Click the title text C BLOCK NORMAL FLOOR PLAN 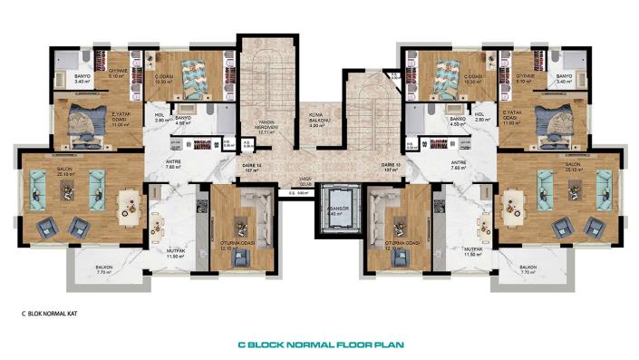pos(320,345)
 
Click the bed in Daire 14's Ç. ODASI pos(192,76)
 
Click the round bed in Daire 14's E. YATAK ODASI pos(86,123)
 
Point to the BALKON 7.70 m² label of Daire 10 pos(528,268)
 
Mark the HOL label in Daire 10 pos(479,115)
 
